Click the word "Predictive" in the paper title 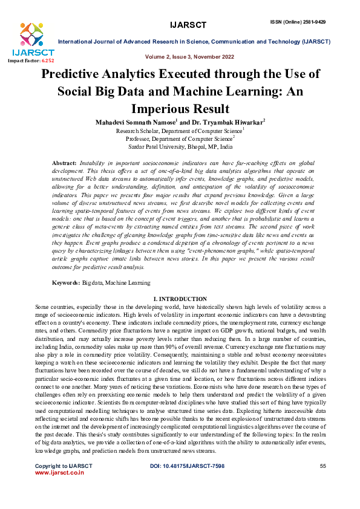point(77,76)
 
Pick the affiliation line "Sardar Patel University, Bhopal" point(180,146)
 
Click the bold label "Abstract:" point(64,163)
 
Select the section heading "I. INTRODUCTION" point(180,299)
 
